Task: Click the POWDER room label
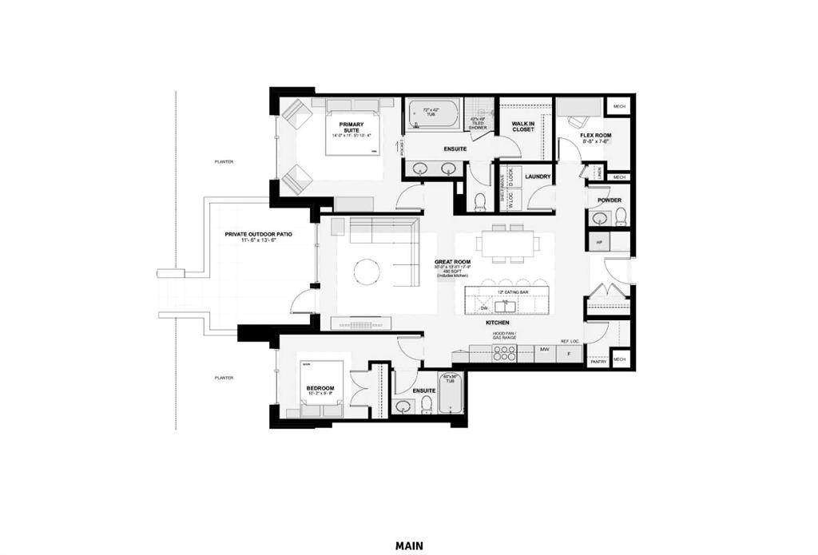tap(610, 200)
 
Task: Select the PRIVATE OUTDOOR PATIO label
tap(258, 235)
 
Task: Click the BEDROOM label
tap(320, 388)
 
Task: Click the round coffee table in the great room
tap(367, 271)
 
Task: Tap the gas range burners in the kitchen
tap(504, 355)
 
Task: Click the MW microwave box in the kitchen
tap(545, 349)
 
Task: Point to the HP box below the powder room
tap(598, 240)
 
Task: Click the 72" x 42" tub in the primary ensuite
tap(432, 114)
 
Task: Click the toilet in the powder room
tap(621, 216)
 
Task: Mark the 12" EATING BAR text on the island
tap(512, 292)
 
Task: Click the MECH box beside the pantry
tap(619, 360)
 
